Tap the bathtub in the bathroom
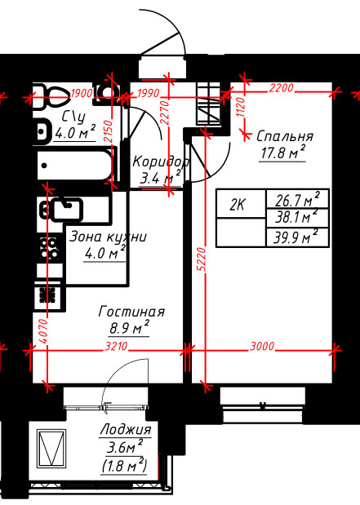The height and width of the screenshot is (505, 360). click(73, 166)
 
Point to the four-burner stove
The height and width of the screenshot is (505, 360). click(50, 249)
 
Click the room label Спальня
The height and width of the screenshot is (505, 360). click(285, 136)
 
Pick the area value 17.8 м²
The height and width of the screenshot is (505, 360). click(282, 153)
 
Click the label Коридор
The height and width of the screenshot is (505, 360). click(160, 162)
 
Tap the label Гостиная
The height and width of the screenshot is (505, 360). click(131, 312)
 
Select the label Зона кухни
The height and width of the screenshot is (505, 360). click(108, 237)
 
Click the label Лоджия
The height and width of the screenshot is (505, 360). click(126, 430)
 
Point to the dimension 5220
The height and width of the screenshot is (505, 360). click(201, 260)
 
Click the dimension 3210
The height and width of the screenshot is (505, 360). click(117, 347)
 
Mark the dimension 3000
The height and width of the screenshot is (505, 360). click(262, 346)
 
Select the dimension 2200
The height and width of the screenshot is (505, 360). click(282, 88)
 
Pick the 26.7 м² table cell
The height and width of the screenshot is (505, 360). click(297, 200)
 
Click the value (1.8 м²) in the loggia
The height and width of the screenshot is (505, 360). click(124, 466)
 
